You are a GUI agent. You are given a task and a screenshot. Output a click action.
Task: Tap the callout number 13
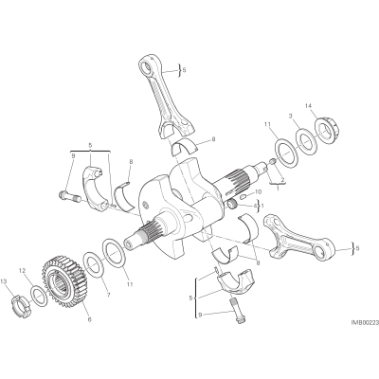(4, 280)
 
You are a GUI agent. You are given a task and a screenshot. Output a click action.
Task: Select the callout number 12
(22, 270)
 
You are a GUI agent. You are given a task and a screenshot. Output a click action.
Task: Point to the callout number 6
(89, 320)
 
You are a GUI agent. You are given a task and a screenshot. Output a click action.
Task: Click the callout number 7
(108, 296)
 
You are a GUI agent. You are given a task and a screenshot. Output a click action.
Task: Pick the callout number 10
(259, 191)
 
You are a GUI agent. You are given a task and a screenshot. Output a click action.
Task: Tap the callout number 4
(255, 207)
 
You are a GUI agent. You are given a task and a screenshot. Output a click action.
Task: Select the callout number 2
(282, 180)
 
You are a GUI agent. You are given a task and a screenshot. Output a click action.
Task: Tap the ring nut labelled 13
(23, 305)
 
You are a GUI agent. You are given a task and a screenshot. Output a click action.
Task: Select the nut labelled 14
(328, 130)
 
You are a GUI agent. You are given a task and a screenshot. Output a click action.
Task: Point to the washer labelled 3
(306, 140)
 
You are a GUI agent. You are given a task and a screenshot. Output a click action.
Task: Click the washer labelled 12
(40, 296)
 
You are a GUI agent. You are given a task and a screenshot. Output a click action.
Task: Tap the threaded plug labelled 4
(233, 205)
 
